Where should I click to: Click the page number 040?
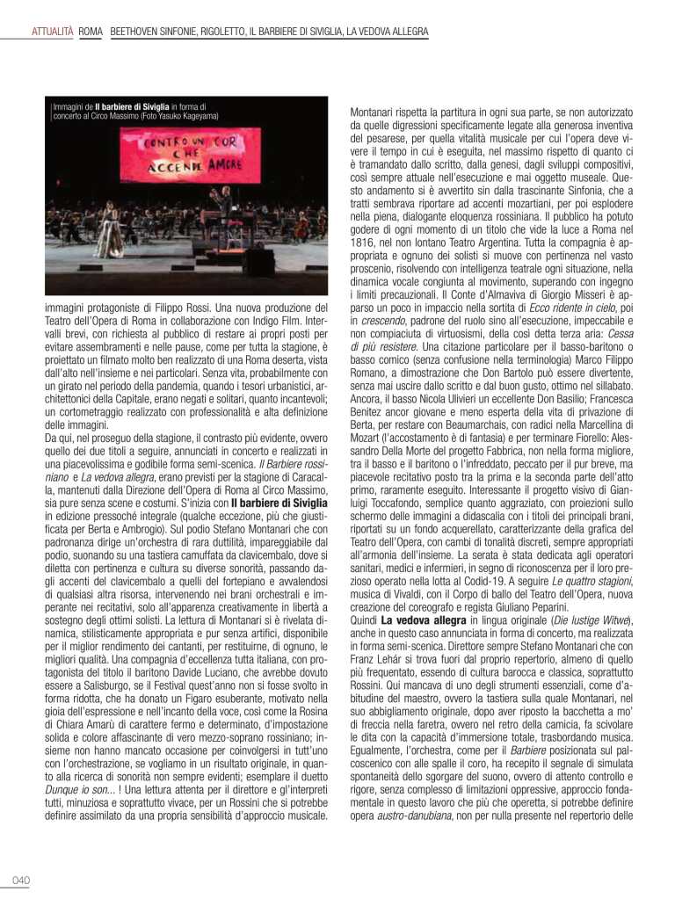(21, 881)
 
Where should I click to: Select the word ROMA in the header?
(91, 33)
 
